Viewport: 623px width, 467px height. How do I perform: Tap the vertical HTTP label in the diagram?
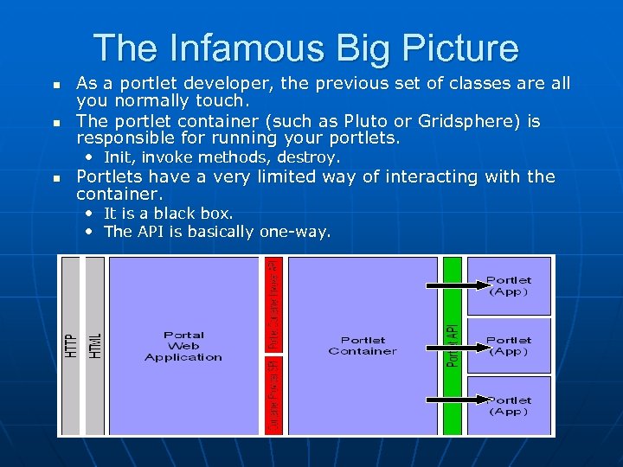[x=70, y=345]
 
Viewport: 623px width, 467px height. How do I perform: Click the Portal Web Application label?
[x=183, y=346]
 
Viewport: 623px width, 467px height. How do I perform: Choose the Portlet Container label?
[x=363, y=346]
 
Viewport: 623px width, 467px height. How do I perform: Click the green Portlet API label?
[x=452, y=345]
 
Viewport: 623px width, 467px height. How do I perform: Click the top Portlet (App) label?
[x=509, y=286]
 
